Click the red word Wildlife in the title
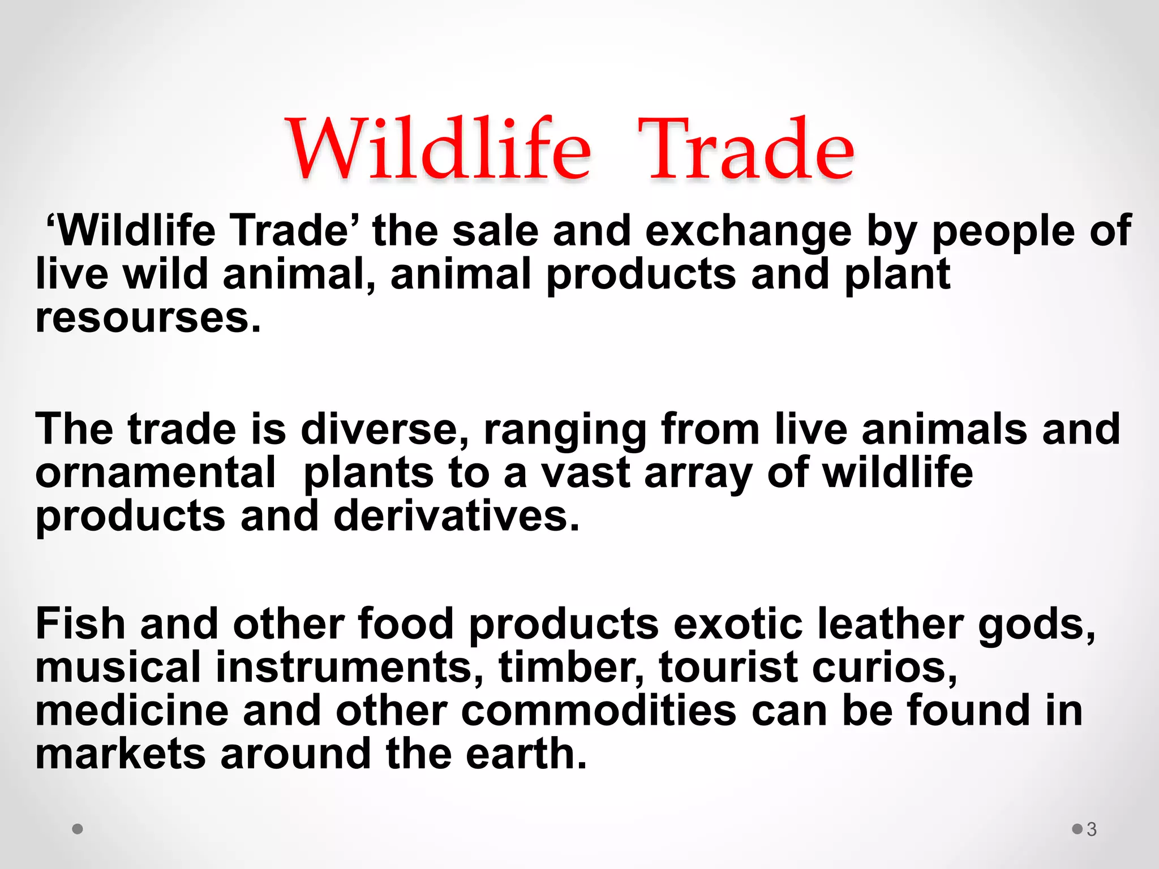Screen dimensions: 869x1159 [x=440, y=149]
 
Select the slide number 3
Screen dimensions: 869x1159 [x=1091, y=829]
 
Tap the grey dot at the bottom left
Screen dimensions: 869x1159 [x=78, y=829]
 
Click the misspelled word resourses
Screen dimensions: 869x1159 [x=148, y=319]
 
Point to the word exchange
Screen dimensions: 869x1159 [x=748, y=232]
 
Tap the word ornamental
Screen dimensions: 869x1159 [x=156, y=473]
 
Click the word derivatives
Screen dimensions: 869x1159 [x=456, y=516]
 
